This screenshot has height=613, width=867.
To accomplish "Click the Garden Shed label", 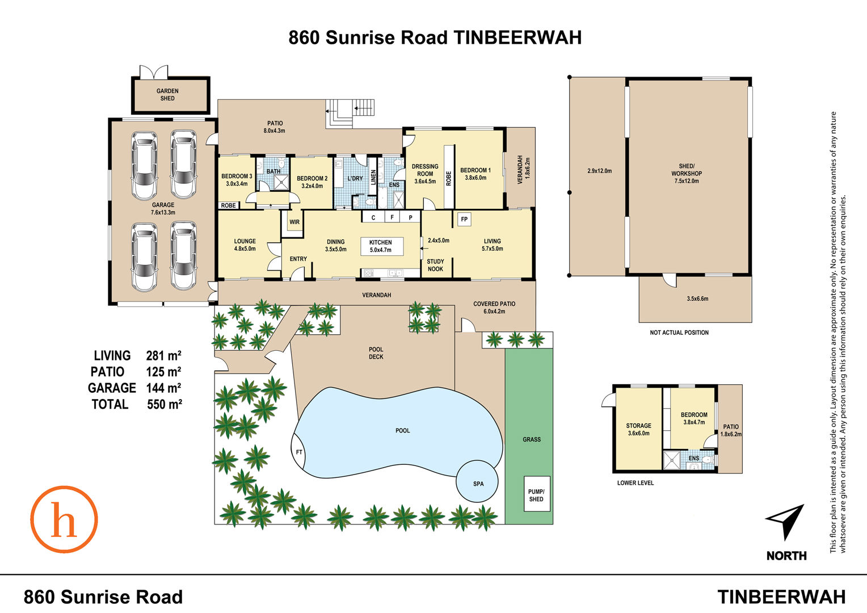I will (167, 95).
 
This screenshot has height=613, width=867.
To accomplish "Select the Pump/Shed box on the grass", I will (536, 495).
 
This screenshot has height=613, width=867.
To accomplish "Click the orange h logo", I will (64, 519).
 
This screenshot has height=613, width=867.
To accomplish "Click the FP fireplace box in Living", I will (464, 219).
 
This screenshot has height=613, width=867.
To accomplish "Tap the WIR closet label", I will (294, 222).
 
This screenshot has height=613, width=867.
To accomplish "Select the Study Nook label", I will (435, 265).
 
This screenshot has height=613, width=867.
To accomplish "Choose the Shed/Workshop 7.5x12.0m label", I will (687, 174).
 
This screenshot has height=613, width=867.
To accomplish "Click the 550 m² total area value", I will (164, 405).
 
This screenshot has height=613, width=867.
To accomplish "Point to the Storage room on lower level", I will (638, 429).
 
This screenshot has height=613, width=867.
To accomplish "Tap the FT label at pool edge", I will (299, 452).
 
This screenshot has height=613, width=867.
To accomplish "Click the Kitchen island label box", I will (381, 246).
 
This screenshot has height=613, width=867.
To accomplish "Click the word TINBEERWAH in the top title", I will (517, 37).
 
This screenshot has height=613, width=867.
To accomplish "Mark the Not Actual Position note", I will (679, 333).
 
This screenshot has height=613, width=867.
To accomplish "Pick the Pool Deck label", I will (376, 353).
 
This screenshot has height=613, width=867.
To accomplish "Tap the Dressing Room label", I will (425, 174).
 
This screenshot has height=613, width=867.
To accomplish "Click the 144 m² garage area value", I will (164, 388).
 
